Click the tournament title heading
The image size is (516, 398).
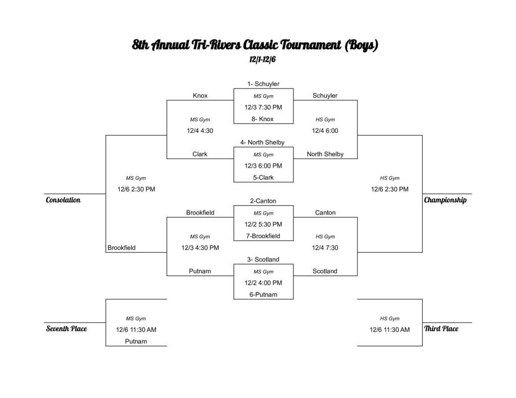click(x=255, y=45)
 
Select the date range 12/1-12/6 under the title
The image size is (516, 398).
click(x=263, y=59)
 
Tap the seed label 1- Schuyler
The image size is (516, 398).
click(x=263, y=84)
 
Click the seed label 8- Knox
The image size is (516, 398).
click(x=263, y=119)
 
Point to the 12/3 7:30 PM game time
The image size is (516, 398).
click(x=263, y=107)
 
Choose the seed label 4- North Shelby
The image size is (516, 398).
click(x=263, y=143)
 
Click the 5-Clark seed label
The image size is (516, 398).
click(x=263, y=178)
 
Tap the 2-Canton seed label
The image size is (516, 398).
click(x=263, y=201)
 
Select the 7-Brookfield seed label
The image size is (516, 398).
click(x=263, y=236)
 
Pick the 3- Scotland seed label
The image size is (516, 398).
click(x=263, y=260)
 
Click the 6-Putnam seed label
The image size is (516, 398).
click(x=263, y=295)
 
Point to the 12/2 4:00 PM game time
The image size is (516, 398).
click(x=263, y=283)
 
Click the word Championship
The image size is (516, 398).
click(x=445, y=200)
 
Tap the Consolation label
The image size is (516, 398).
click(x=63, y=200)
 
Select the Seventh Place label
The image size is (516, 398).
click(x=67, y=329)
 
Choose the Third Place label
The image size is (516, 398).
click(x=441, y=329)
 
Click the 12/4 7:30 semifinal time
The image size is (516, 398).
click(x=325, y=248)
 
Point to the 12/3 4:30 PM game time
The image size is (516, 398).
click(x=200, y=248)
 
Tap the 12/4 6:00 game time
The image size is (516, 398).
click(x=325, y=131)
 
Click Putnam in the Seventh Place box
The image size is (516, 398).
click(x=136, y=342)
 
